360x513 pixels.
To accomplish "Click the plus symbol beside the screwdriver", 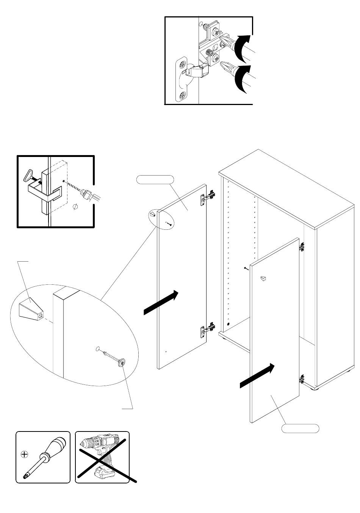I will pyautogui.click(x=25, y=454).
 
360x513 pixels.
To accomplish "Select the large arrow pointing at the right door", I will pyautogui.click(x=257, y=376).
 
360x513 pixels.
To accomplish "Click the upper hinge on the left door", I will pyautogui.click(x=207, y=198).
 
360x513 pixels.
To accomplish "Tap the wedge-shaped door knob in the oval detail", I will pyautogui.click(x=31, y=308).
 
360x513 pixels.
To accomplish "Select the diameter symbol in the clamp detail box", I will pyautogui.click(x=75, y=207).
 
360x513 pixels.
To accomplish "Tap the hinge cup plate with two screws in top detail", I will pyautogui.click(x=182, y=80).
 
